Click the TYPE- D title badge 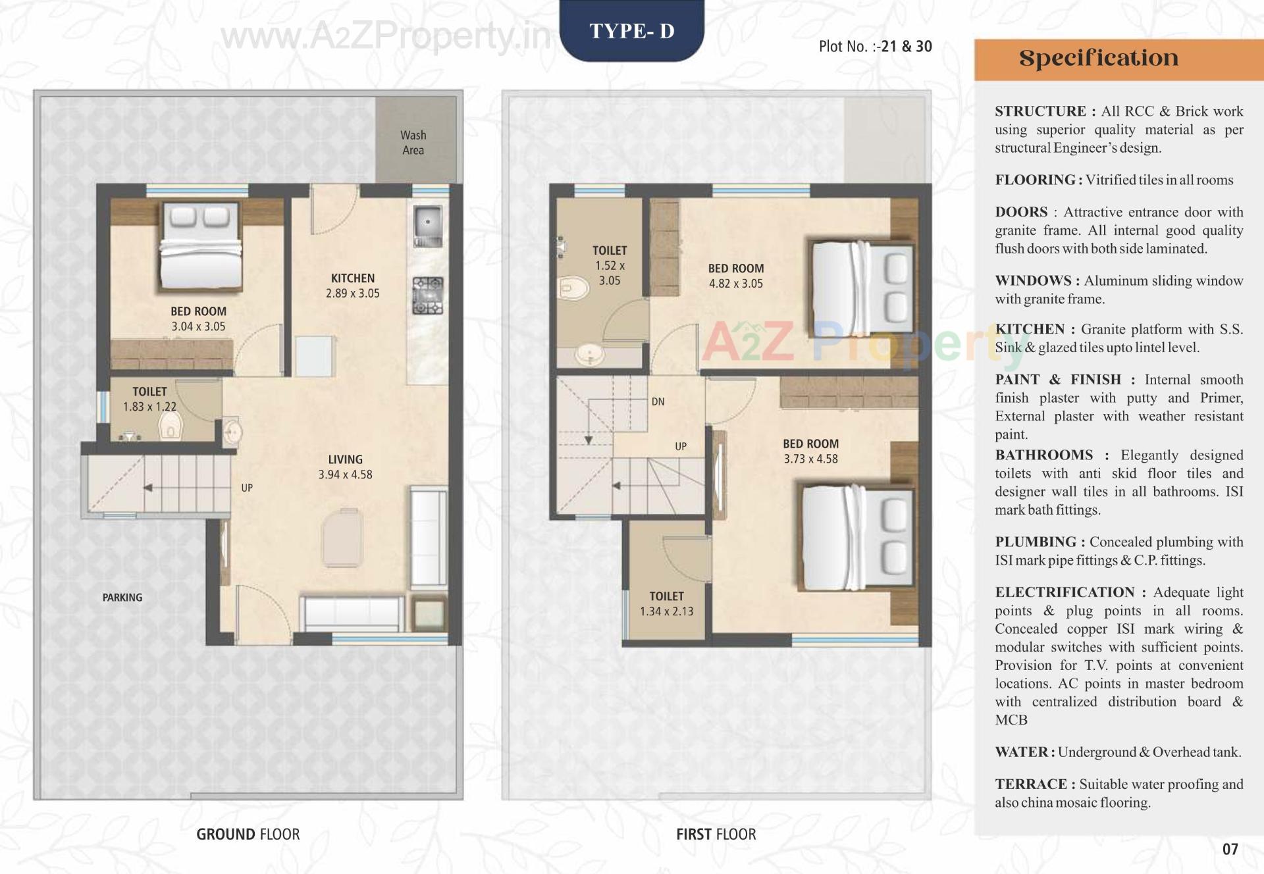coord(631,31)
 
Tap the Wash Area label coord(413,143)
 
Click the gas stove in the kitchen coord(428,296)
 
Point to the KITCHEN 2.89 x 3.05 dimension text coord(353,286)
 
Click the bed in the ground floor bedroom coord(200,247)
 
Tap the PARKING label coord(122,598)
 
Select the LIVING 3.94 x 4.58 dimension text coord(345,467)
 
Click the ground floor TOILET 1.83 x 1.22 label coord(149,399)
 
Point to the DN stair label coord(658,401)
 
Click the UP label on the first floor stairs coord(681,446)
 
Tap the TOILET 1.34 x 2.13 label coord(666,604)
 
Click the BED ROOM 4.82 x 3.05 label coord(736,276)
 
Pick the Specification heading coord(1099,59)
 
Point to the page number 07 coord(1230,849)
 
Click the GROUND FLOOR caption coord(248,835)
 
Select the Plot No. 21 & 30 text coord(875,47)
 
